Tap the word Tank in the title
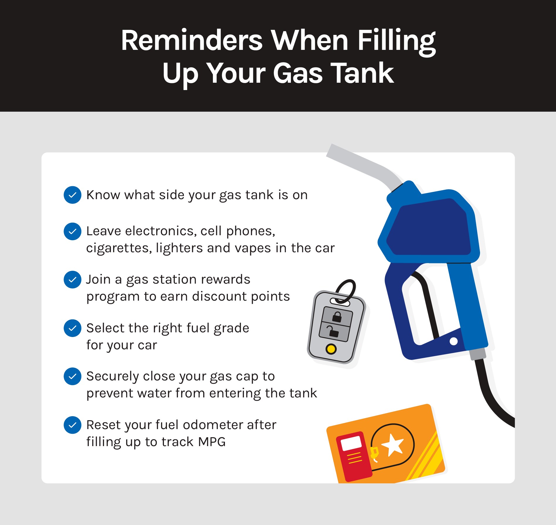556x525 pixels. tap(362, 73)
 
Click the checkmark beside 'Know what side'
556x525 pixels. tap(72, 195)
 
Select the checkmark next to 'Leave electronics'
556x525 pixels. tap(72, 231)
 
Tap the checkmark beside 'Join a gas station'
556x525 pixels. tap(72, 280)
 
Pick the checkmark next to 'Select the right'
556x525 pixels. tap(72, 328)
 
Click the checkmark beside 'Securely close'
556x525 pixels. tap(72, 376)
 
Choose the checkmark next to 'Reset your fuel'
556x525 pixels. tap(72, 425)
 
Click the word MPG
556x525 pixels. tap(212, 442)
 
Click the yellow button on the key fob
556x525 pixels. tap(331, 349)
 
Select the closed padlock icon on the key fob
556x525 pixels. tap(337, 316)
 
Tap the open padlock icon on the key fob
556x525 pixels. tap(333, 331)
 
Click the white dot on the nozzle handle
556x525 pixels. tap(454, 341)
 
